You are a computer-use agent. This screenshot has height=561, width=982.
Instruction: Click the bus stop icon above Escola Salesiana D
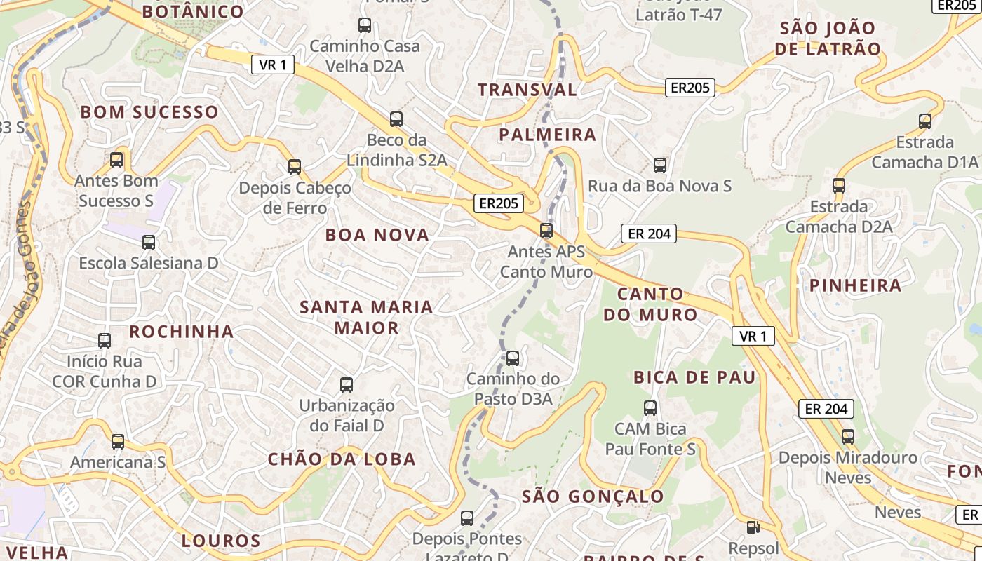[149, 243]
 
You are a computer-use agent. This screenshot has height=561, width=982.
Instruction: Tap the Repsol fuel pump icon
[753, 527]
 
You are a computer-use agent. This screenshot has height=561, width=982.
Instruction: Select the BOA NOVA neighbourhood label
[377, 235]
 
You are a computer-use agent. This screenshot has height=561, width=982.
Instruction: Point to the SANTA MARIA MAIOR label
[366, 317]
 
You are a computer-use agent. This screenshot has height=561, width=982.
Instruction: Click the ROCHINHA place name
[182, 332]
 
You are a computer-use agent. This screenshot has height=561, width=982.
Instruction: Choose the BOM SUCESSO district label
[149, 112]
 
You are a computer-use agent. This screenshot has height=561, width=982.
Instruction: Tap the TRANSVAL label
[527, 90]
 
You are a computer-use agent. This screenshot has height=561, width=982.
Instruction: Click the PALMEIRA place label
[547, 135]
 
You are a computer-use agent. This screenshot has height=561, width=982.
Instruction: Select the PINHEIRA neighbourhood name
[855, 285]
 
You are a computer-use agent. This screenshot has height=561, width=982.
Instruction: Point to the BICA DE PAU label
[694, 377]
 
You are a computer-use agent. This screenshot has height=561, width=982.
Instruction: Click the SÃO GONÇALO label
[593, 496]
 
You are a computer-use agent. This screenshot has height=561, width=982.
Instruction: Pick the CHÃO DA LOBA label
[342, 459]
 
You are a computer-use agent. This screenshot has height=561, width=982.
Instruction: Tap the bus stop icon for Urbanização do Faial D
[347, 384]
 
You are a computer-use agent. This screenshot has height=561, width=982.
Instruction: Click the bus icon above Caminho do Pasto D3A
[513, 358]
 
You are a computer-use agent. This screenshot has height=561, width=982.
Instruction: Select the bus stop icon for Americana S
[118, 442]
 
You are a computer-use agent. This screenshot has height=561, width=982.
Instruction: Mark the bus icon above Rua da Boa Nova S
[660, 165]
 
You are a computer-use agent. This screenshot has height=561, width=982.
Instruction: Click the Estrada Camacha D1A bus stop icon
[925, 121]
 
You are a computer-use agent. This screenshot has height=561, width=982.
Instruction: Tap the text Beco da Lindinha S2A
[397, 150]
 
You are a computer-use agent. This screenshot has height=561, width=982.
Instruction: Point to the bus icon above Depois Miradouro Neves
[848, 437]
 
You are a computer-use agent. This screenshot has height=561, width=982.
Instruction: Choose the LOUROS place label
[221, 541]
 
